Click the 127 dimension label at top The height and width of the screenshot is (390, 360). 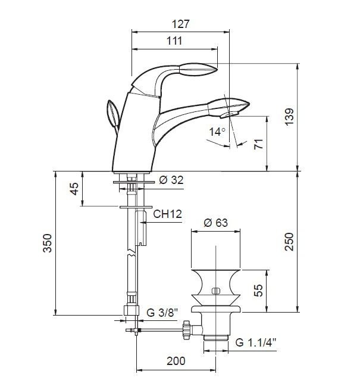[181, 24]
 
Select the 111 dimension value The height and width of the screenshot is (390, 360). [174, 41]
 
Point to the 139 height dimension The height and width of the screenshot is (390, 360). [289, 117]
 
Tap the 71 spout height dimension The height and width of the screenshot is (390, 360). [259, 144]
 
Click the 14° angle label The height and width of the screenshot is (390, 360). [217, 132]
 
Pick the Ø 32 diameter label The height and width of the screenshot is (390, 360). [171, 180]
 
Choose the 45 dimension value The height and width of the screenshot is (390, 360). [74, 189]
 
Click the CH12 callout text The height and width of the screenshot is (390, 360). [168, 214]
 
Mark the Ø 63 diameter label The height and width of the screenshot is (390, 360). [215, 223]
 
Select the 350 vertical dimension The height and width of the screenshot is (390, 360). [47, 243]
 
